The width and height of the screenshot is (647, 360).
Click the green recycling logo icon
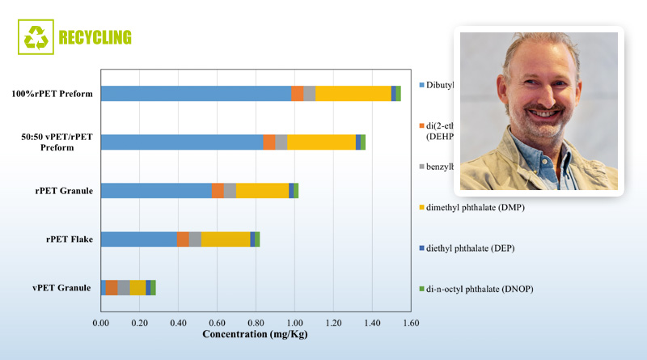pyautogui.click(x=36, y=36)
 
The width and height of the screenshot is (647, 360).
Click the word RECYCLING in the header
pyautogui.click(x=95, y=37)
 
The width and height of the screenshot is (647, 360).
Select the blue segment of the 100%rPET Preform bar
pyautogui.click(x=195, y=94)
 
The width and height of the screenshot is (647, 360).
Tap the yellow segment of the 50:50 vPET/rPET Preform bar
pyautogui.click(x=321, y=142)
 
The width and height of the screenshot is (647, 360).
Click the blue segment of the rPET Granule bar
pyautogui.click(x=155, y=191)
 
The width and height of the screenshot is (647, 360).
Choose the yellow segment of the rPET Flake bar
pyautogui.click(x=226, y=239)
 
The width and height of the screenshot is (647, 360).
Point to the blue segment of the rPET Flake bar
pyautogui.click(x=138, y=239)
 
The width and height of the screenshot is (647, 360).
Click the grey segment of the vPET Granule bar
pyautogui.click(x=124, y=287)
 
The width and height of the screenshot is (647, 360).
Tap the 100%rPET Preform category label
pyautogui.click(x=52, y=94)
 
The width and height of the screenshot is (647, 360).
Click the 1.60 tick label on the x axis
pyautogui.click(x=410, y=324)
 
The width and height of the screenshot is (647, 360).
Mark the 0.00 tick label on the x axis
pyautogui.click(x=101, y=324)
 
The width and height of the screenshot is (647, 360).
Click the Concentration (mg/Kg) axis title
pyautogui.click(x=256, y=335)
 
